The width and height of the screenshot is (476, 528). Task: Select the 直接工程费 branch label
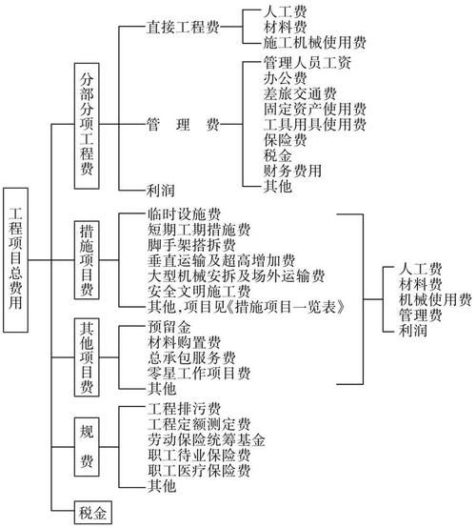tap(184, 28)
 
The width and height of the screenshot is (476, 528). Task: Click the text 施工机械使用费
tap(301, 43)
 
